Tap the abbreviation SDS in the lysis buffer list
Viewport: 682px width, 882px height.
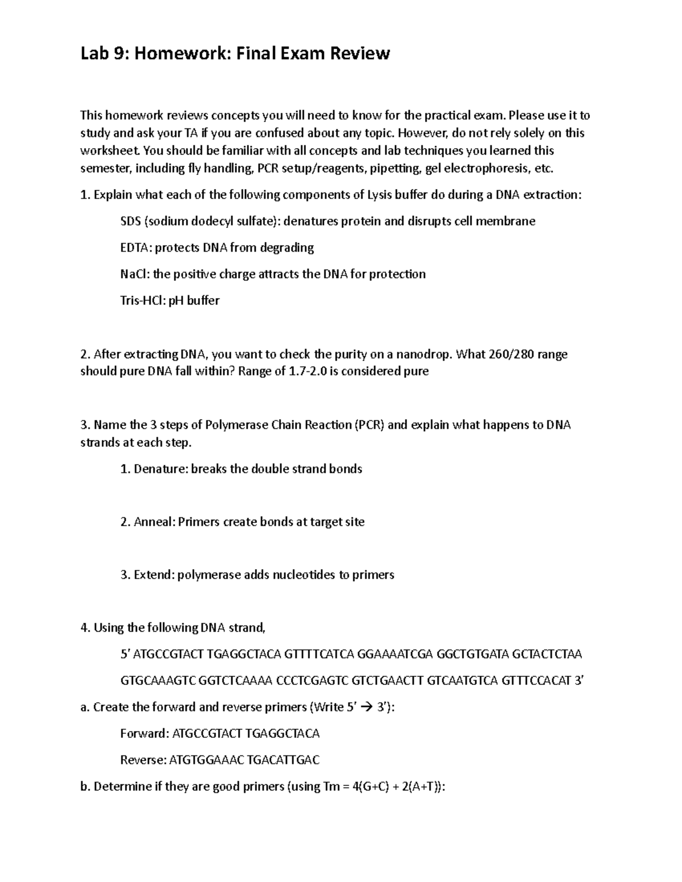(x=131, y=221)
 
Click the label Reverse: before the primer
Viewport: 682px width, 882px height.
(x=143, y=760)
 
